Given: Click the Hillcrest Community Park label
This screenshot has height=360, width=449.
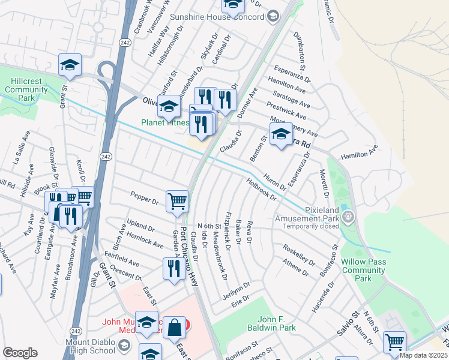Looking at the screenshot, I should point(26,89).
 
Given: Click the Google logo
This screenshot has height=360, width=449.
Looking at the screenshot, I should point(20,353).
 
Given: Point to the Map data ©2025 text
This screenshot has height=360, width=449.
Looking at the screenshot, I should point(423,355).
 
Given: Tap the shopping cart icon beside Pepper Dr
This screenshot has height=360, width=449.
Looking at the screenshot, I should point(177,202).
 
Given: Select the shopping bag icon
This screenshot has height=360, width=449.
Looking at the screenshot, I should point(174,328).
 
